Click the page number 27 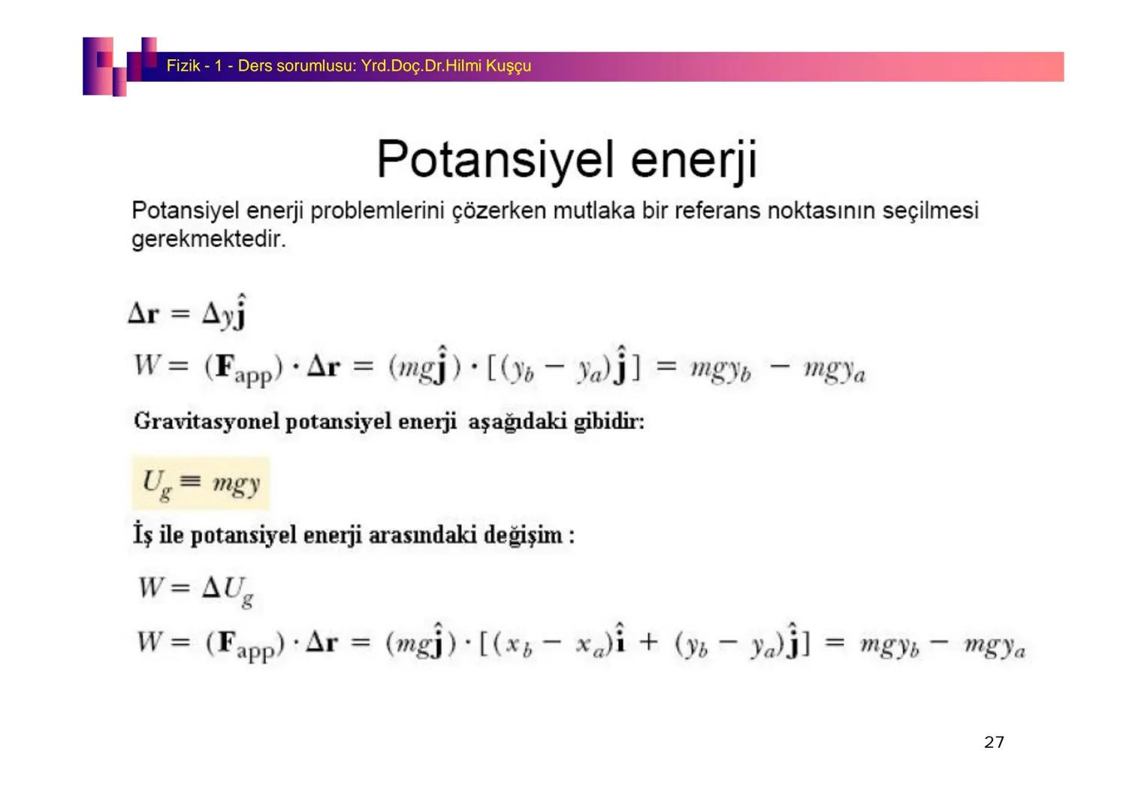click(x=994, y=742)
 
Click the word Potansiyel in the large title click(x=495, y=159)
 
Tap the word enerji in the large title click(x=694, y=160)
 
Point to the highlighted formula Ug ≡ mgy click(x=201, y=483)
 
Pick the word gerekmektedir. click(x=208, y=239)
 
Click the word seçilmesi click(x=931, y=210)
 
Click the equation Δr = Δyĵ click(x=188, y=312)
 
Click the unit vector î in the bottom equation click(x=620, y=638)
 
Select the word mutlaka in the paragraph click(x=594, y=210)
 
